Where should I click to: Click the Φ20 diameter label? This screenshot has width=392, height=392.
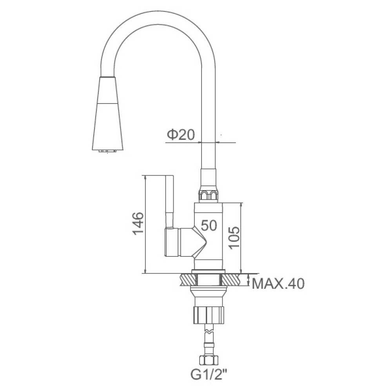pos(181,135)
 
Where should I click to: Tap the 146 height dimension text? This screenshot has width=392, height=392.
pos(138,223)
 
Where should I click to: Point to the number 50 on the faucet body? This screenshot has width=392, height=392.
pos(209,225)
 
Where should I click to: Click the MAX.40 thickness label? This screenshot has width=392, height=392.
pos(278,284)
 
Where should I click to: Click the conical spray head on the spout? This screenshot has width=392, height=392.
pos(108,114)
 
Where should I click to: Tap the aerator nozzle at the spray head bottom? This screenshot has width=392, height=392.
pos(108,151)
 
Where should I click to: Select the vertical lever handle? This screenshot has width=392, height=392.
pos(169,201)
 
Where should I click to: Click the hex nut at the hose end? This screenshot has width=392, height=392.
pos(209,360)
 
